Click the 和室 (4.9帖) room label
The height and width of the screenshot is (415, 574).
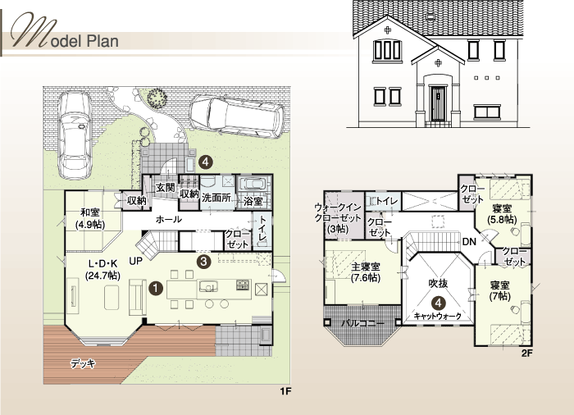pos(90,218)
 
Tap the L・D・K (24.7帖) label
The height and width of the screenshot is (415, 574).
pos(102,269)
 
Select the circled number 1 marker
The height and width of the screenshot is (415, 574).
pos(156,288)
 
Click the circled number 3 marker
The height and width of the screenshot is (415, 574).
pos(204,262)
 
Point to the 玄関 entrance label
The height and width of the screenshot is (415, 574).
pos(166,188)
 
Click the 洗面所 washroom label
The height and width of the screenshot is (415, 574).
pos(216,198)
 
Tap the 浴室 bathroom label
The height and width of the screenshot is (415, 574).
pos(253,201)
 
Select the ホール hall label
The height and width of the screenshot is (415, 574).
pos(168,220)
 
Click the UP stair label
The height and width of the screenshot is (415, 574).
pos(136,261)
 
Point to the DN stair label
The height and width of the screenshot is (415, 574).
pos(469,242)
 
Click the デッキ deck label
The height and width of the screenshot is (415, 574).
pos(83,363)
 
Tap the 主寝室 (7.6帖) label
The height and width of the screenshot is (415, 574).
pos(366,272)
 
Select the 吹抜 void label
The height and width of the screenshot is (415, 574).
pos(438,283)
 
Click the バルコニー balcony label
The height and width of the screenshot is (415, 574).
pos(363,324)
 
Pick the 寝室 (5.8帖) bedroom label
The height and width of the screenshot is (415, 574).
pos(502,214)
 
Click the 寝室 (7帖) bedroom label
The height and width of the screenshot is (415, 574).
pos(500,290)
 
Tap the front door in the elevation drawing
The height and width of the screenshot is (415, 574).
pos(438,103)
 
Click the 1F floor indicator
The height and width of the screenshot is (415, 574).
pos(285,391)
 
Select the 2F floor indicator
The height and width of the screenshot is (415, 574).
pos(526,353)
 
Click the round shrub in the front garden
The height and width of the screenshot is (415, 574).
pos(157,97)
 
